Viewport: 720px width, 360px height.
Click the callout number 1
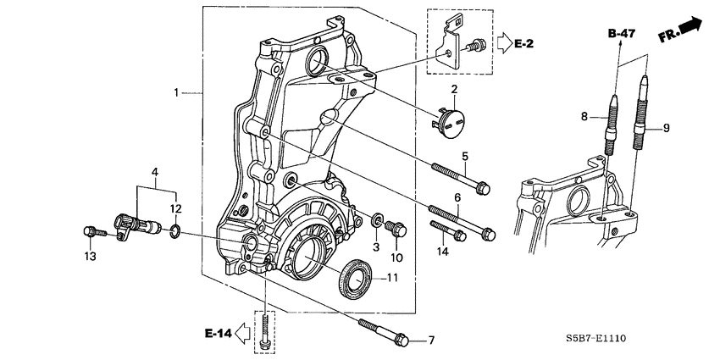click(x=176, y=91)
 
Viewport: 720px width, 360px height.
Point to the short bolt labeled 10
click(x=396, y=229)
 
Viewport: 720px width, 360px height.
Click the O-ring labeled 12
click(x=174, y=230)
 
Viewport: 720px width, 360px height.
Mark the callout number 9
click(x=666, y=128)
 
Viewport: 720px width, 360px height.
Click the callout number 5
click(x=464, y=156)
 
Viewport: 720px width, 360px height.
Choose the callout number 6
click(x=457, y=197)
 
